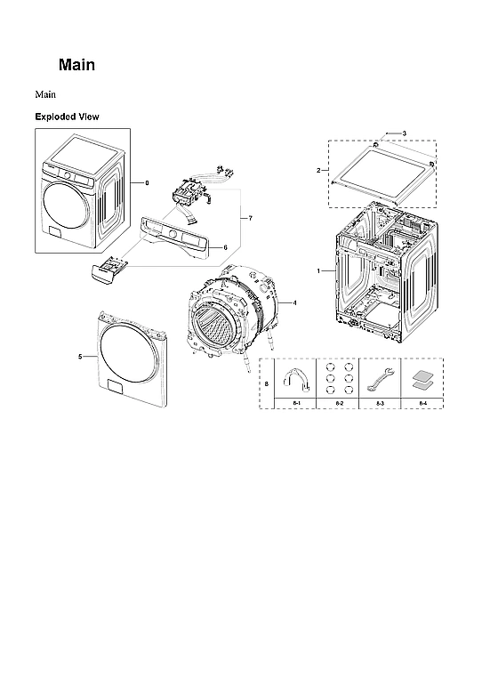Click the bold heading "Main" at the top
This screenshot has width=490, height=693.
coord(76,65)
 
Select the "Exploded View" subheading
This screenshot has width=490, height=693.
coord(67,117)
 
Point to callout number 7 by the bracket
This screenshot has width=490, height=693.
coord(251,218)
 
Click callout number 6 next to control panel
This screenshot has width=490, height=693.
coord(225,246)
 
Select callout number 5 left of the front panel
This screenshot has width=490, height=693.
coord(80,356)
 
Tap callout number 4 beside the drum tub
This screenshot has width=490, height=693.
coord(294,303)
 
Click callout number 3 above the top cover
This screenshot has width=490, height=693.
coord(404,133)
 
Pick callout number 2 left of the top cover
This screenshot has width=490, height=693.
coord(318,169)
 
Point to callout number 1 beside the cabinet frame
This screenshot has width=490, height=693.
coord(319,270)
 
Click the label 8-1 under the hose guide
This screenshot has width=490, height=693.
coord(297,404)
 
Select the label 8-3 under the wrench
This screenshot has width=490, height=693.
coord(380,404)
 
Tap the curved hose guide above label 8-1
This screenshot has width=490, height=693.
coord(296,381)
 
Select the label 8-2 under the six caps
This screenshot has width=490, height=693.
coord(339,404)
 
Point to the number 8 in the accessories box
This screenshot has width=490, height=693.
coord(267,383)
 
